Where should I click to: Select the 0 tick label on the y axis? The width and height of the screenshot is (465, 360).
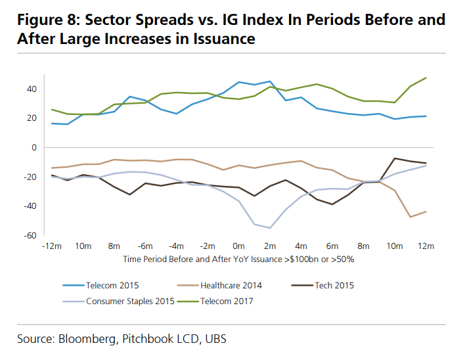pos(34,147)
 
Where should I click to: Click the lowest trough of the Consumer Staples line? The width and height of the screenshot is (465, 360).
pos(270,228)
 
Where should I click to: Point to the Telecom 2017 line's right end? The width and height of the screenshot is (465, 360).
pos(426,78)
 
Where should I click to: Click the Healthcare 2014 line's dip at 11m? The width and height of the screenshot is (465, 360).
pos(410,217)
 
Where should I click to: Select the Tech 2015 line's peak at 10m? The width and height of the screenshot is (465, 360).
pos(395,158)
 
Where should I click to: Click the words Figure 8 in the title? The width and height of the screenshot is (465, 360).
pos(48,20)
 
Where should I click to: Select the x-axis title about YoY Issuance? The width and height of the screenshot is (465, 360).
pos(239,259)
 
